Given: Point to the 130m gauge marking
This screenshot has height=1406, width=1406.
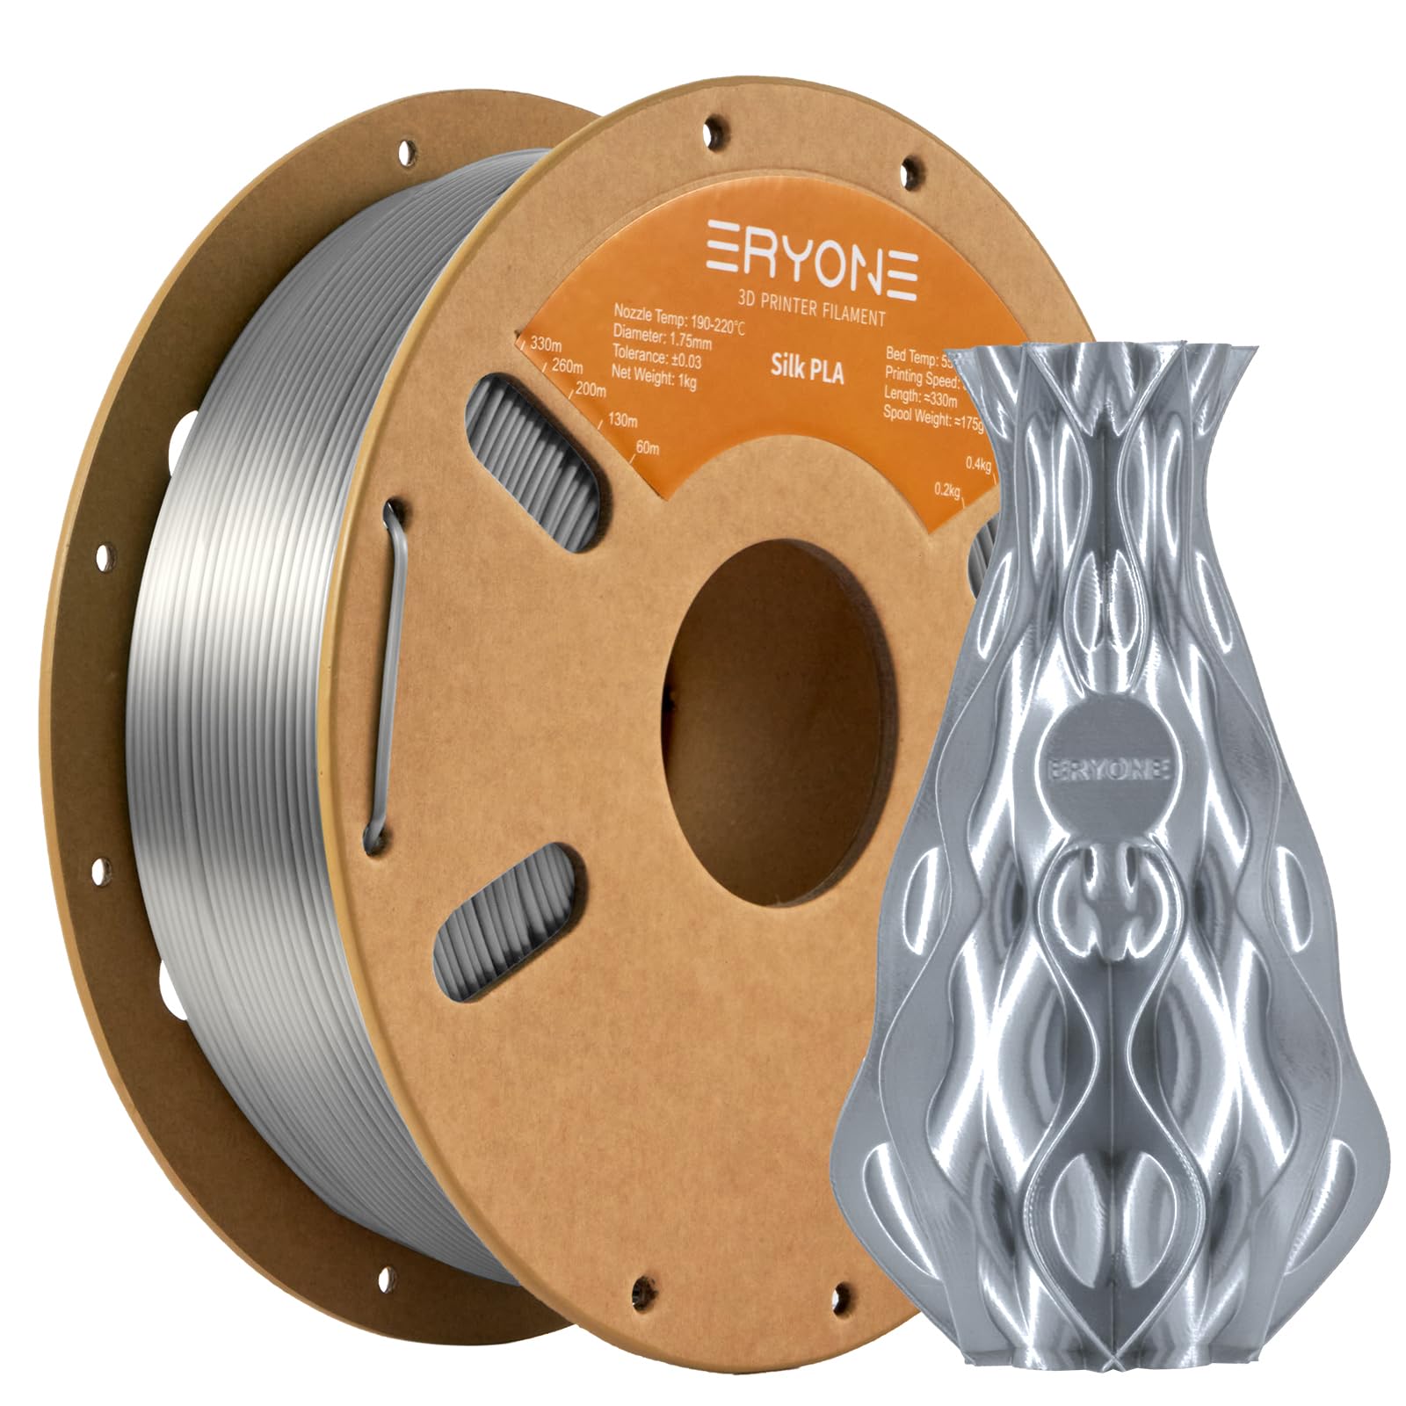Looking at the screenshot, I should pos(621,420).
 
